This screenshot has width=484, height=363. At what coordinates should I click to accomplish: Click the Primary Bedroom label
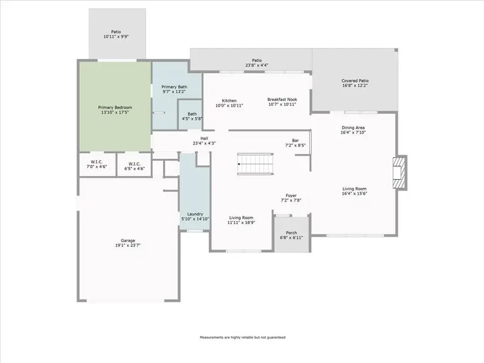point(115,108)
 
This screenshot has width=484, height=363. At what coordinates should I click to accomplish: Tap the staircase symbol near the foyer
point(255,163)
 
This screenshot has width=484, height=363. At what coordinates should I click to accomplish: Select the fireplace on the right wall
point(399,173)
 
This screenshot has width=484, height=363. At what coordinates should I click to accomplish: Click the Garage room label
point(127,240)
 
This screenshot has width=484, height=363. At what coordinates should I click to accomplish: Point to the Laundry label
point(194,214)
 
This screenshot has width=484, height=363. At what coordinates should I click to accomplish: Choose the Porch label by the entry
point(291,233)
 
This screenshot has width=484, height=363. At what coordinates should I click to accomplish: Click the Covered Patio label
point(354,81)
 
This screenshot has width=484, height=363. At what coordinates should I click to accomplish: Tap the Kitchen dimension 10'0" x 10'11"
point(230,106)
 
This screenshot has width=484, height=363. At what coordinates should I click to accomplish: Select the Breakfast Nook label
point(282,99)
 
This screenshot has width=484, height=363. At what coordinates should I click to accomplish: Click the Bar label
point(295,140)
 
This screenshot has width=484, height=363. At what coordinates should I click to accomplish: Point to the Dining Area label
point(353,127)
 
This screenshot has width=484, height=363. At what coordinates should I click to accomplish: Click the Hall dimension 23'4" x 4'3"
point(204,144)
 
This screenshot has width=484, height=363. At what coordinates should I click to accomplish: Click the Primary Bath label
point(175,87)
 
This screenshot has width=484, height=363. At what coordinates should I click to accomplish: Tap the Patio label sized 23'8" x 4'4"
point(257,60)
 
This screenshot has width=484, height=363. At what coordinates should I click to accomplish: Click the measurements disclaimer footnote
point(243,337)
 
